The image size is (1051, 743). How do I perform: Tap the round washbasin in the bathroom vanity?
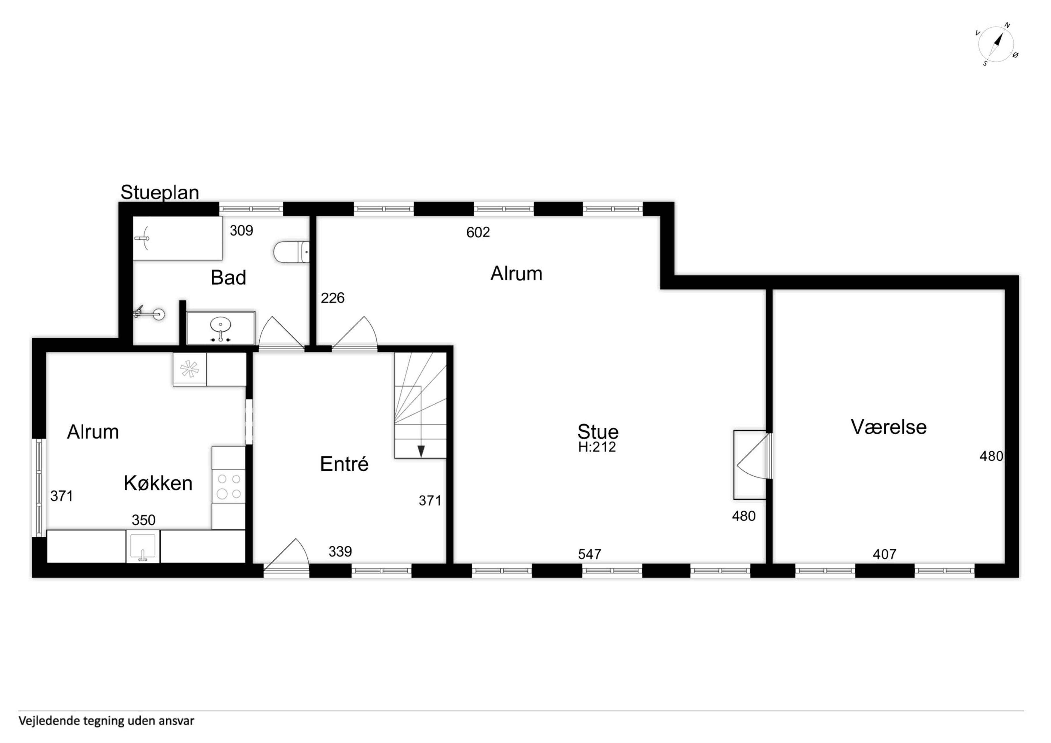click(221, 326)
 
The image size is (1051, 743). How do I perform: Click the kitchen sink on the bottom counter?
click(143, 546)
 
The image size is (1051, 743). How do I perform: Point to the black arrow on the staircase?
click(421, 451)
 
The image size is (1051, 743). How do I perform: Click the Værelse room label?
click(889, 427)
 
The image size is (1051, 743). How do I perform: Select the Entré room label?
click(344, 464)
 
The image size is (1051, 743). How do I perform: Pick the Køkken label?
click(158, 483)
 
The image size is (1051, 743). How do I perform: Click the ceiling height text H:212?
click(597, 447)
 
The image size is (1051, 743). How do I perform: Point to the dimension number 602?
click(478, 232)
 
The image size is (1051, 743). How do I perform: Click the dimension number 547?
click(589, 554)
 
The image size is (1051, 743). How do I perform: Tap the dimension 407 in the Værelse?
click(884, 554)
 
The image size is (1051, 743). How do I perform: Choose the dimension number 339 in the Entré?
click(340, 552)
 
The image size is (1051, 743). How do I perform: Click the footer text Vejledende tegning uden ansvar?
click(106, 721)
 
